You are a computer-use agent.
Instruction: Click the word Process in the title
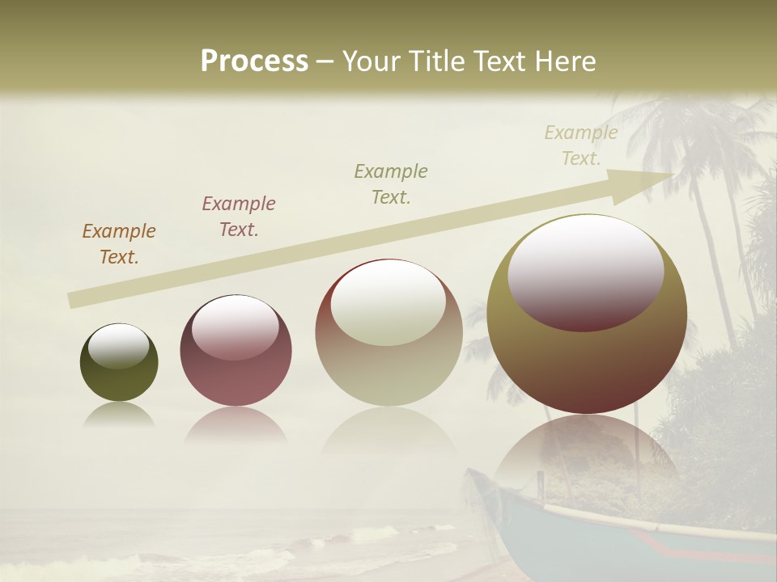(x=254, y=61)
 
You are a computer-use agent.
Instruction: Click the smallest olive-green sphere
(x=119, y=362)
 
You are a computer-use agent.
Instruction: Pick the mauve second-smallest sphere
(x=236, y=350)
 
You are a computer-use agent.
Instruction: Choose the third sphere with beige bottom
(x=388, y=332)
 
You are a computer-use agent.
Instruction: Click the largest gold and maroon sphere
(x=587, y=314)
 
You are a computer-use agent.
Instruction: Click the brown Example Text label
(x=119, y=244)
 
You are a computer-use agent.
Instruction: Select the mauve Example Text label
(x=239, y=216)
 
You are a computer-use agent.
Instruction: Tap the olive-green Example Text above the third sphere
(x=391, y=183)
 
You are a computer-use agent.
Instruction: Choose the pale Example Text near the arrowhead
(x=581, y=145)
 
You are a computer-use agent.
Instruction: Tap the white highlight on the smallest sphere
(x=118, y=345)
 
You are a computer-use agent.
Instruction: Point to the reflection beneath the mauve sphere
(x=236, y=424)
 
